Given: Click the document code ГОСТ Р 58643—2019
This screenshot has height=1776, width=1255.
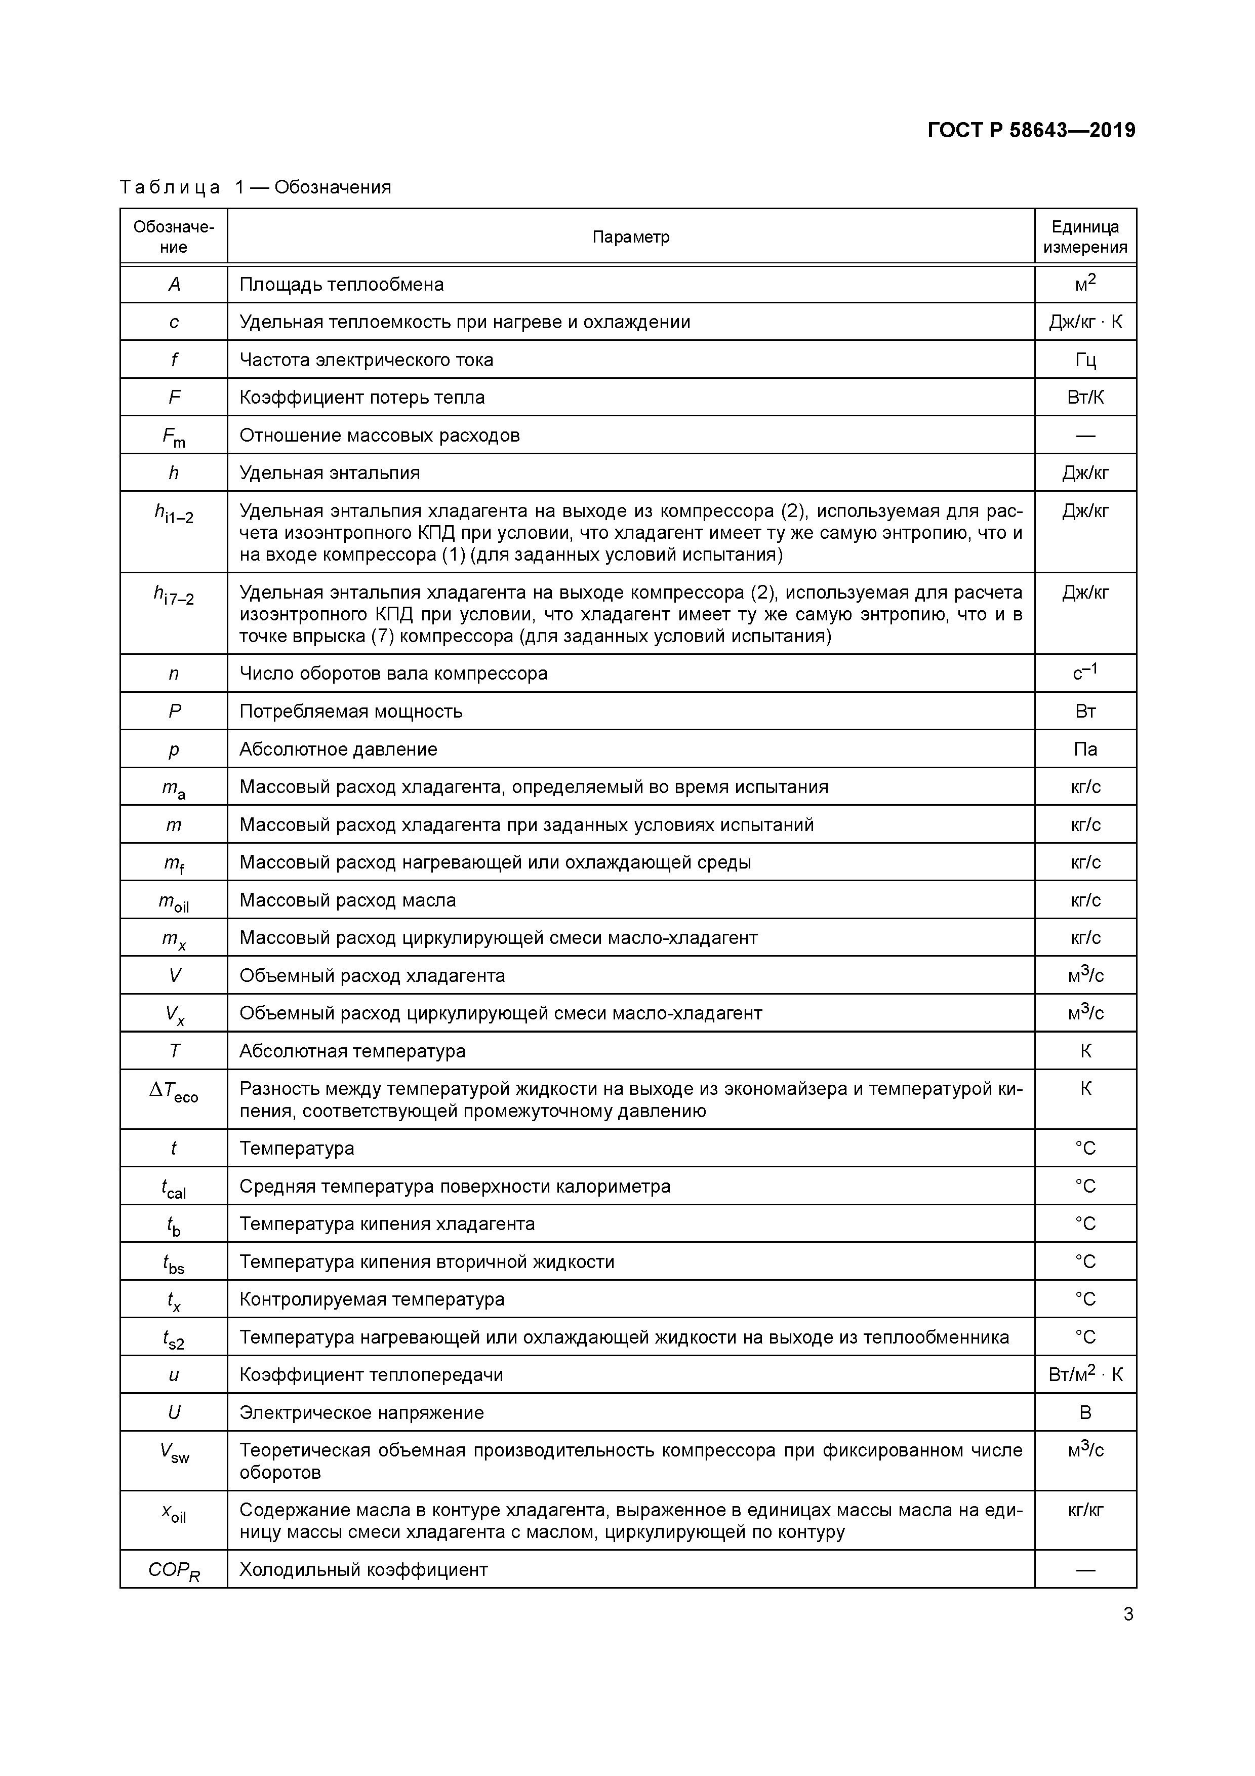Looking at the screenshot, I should click(1031, 131).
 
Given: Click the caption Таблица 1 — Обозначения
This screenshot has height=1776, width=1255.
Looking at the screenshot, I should click(255, 187).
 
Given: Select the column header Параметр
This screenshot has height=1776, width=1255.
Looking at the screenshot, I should click(630, 236).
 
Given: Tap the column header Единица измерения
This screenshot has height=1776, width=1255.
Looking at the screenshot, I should click(1085, 236).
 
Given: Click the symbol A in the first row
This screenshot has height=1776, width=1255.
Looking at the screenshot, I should click(174, 285).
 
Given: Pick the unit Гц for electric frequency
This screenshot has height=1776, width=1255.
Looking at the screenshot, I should click(1085, 360).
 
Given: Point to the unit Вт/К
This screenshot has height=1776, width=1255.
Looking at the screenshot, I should click(1085, 397).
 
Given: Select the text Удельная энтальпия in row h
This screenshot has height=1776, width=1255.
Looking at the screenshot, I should click(330, 472).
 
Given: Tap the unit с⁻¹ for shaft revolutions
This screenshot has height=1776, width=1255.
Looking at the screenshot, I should click(1085, 673).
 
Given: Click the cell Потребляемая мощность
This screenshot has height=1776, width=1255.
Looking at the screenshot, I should click(350, 711).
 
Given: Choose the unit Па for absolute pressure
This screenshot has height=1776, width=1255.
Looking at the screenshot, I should click(1085, 749).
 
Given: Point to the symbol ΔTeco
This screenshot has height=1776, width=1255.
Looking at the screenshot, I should click(174, 1091).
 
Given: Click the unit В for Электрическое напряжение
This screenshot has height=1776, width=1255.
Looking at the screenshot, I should click(1085, 1412).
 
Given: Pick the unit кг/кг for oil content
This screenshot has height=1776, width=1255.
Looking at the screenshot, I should click(1085, 1510).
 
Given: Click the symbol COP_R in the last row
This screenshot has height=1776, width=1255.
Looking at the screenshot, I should click(174, 1571).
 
